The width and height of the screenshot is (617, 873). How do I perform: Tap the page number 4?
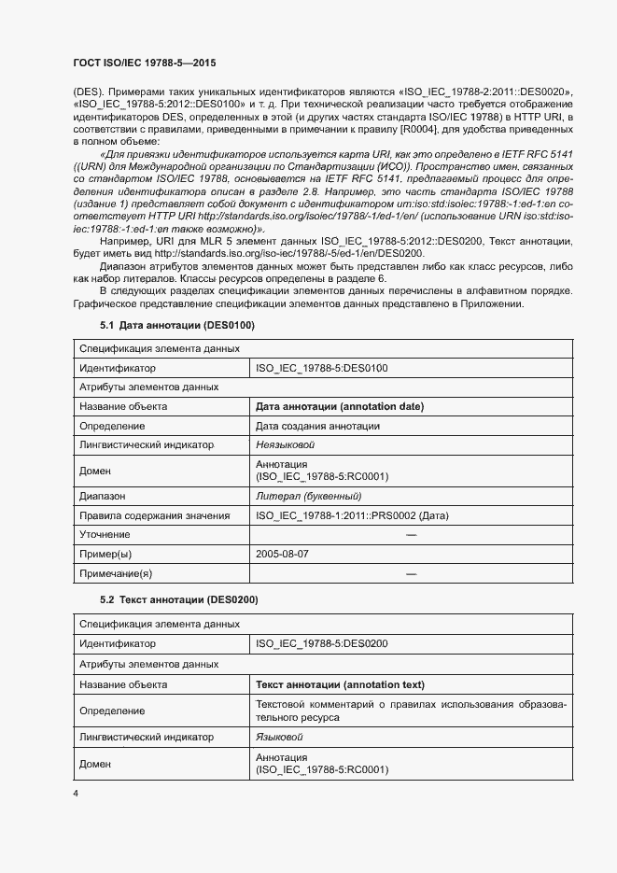pos(75,794)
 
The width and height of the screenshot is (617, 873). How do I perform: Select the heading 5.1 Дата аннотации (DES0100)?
pos(176,325)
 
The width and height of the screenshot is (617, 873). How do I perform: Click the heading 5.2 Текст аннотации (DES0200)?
pos(178,598)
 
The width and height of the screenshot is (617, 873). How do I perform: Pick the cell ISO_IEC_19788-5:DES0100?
pos(322,369)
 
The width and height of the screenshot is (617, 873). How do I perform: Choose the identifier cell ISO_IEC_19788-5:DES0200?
pos(322,643)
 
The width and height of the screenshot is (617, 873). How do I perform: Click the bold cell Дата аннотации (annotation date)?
pos(340,407)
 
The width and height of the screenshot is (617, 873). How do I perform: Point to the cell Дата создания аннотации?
pos(317,426)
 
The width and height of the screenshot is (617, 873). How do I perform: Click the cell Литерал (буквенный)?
pos(308,496)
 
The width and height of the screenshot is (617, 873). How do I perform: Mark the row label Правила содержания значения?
pos(154,515)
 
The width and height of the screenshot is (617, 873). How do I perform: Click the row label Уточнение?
pos(105,534)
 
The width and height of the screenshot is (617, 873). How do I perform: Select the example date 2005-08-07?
pos(283,554)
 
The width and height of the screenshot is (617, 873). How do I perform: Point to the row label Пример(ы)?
pos(107,554)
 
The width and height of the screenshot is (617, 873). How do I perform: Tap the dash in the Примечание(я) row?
pos(411,572)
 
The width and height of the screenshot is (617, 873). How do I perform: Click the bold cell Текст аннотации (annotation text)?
pos(340,683)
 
